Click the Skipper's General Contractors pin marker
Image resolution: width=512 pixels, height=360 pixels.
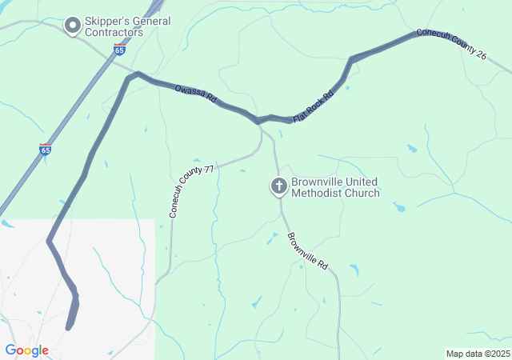(72, 26)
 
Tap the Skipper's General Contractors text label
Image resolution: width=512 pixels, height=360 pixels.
(128, 26)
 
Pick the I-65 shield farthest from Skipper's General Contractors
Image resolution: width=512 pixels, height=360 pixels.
(46, 150)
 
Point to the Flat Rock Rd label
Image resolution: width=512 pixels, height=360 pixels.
(312, 106)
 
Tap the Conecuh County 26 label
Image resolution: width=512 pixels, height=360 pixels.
(450, 45)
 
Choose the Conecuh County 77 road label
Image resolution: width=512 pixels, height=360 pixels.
(191, 192)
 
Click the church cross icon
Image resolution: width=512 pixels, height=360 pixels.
(279, 186)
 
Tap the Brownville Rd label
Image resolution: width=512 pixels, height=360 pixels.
(308, 250)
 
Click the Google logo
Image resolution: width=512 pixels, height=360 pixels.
(26, 350)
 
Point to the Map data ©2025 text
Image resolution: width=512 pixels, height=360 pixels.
(477, 354)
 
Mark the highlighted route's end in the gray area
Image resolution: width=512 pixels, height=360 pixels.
(69, 326)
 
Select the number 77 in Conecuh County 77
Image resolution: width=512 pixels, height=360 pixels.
(209, 170)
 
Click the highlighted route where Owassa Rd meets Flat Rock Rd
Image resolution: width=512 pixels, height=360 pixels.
(258, 121)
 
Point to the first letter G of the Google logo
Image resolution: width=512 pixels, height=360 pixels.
(10, 350)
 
